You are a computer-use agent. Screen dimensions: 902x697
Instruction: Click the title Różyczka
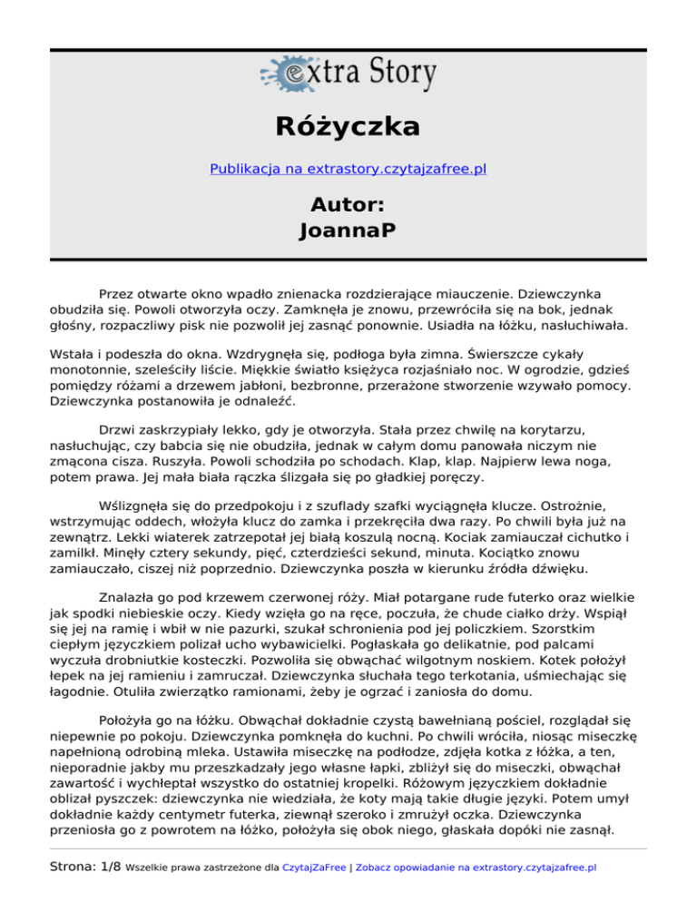coord(348,125)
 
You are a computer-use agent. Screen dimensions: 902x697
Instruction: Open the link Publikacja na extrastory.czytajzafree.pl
coord(348,169)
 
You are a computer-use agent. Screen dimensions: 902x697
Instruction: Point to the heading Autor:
coord(348,202)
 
